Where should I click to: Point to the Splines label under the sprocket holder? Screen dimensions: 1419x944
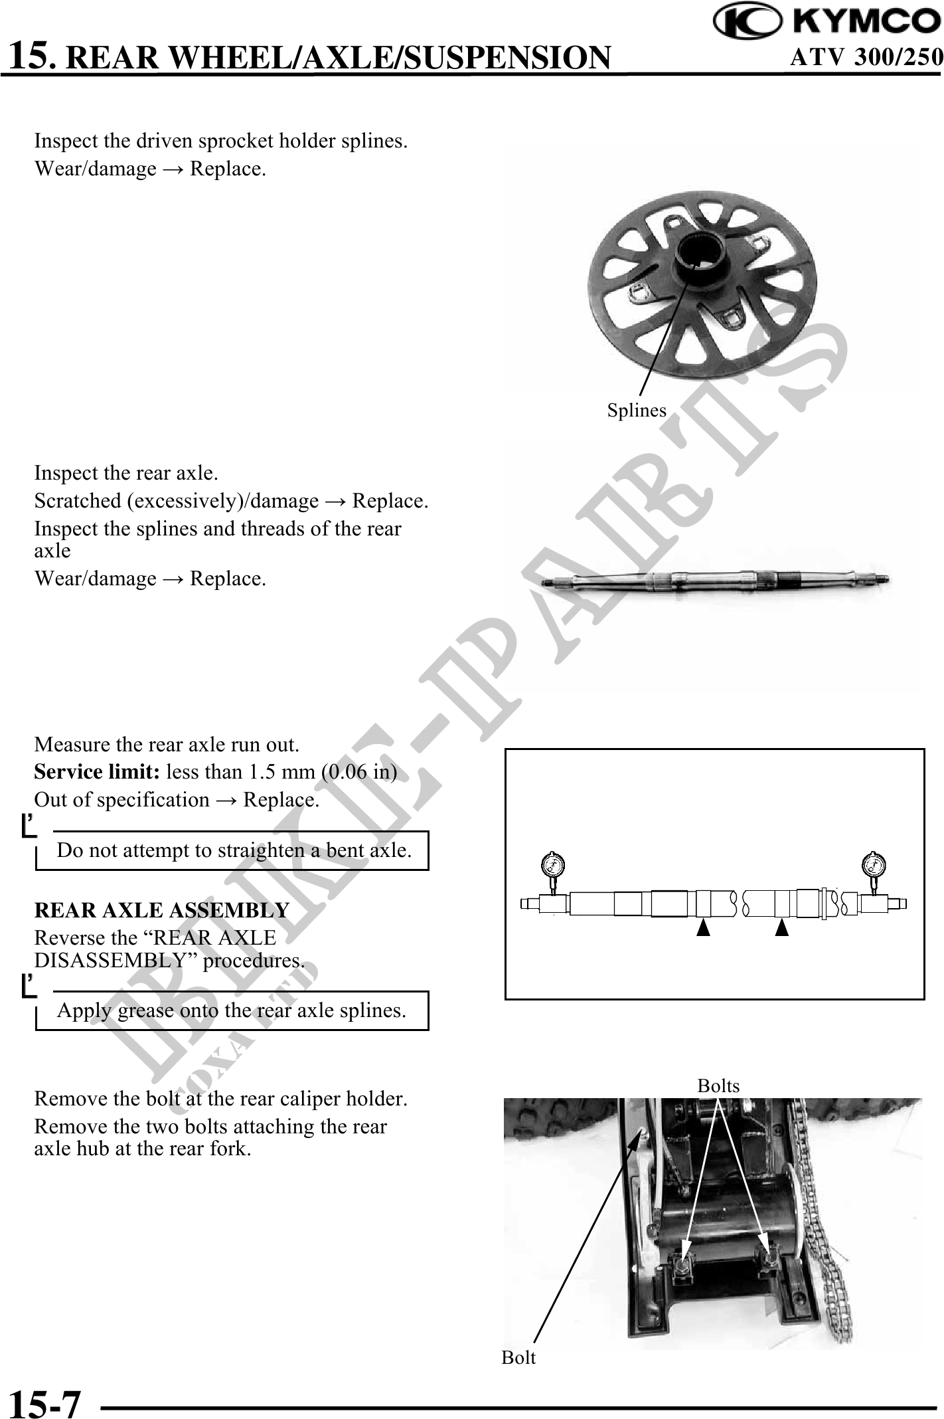point(637,411)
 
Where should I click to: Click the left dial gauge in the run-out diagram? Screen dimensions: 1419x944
point(552,866)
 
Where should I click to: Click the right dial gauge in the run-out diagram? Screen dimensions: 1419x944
point(874,866)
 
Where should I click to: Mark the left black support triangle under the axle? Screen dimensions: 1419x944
point(703,927)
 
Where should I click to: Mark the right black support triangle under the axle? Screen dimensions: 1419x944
point(782,927)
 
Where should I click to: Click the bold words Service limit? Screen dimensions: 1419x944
point(97,772)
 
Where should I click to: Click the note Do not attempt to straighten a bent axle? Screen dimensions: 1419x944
point(234,850)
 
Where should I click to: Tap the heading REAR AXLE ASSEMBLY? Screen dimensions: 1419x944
point(161,909)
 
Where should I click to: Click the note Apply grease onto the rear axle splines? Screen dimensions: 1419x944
point(232,1010)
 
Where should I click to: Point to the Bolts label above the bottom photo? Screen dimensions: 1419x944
point(718,1086)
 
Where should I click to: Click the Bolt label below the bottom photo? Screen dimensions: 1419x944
point(518,1358)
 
